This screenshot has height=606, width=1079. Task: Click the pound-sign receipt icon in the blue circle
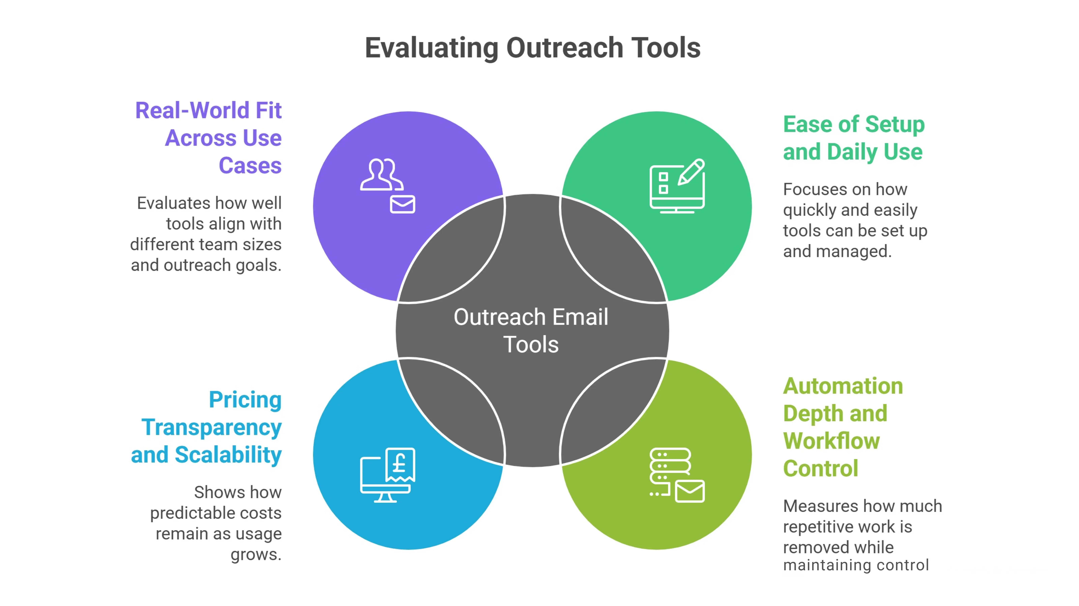point(400,464)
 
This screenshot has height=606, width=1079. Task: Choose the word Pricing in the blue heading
point(245,400)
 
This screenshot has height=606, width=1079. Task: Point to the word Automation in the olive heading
point(843,386)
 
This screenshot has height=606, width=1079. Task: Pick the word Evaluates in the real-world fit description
point(179,203)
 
